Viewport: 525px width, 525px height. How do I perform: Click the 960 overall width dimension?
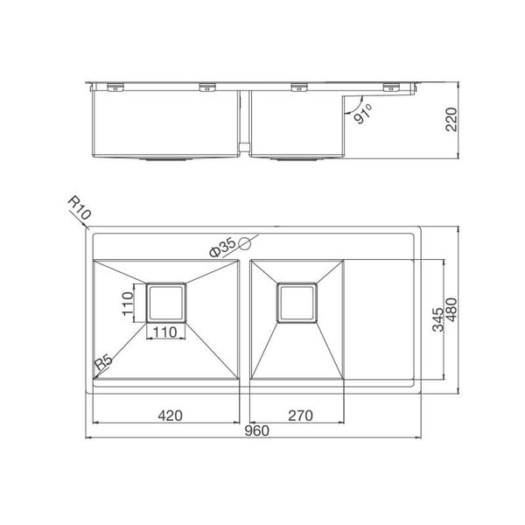(x=255, y=430)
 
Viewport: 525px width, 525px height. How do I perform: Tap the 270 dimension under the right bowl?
(x=298, y=416)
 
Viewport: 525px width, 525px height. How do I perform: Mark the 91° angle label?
(x=362, y=114)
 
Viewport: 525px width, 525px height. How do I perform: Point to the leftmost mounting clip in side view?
(x=114, y=85)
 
